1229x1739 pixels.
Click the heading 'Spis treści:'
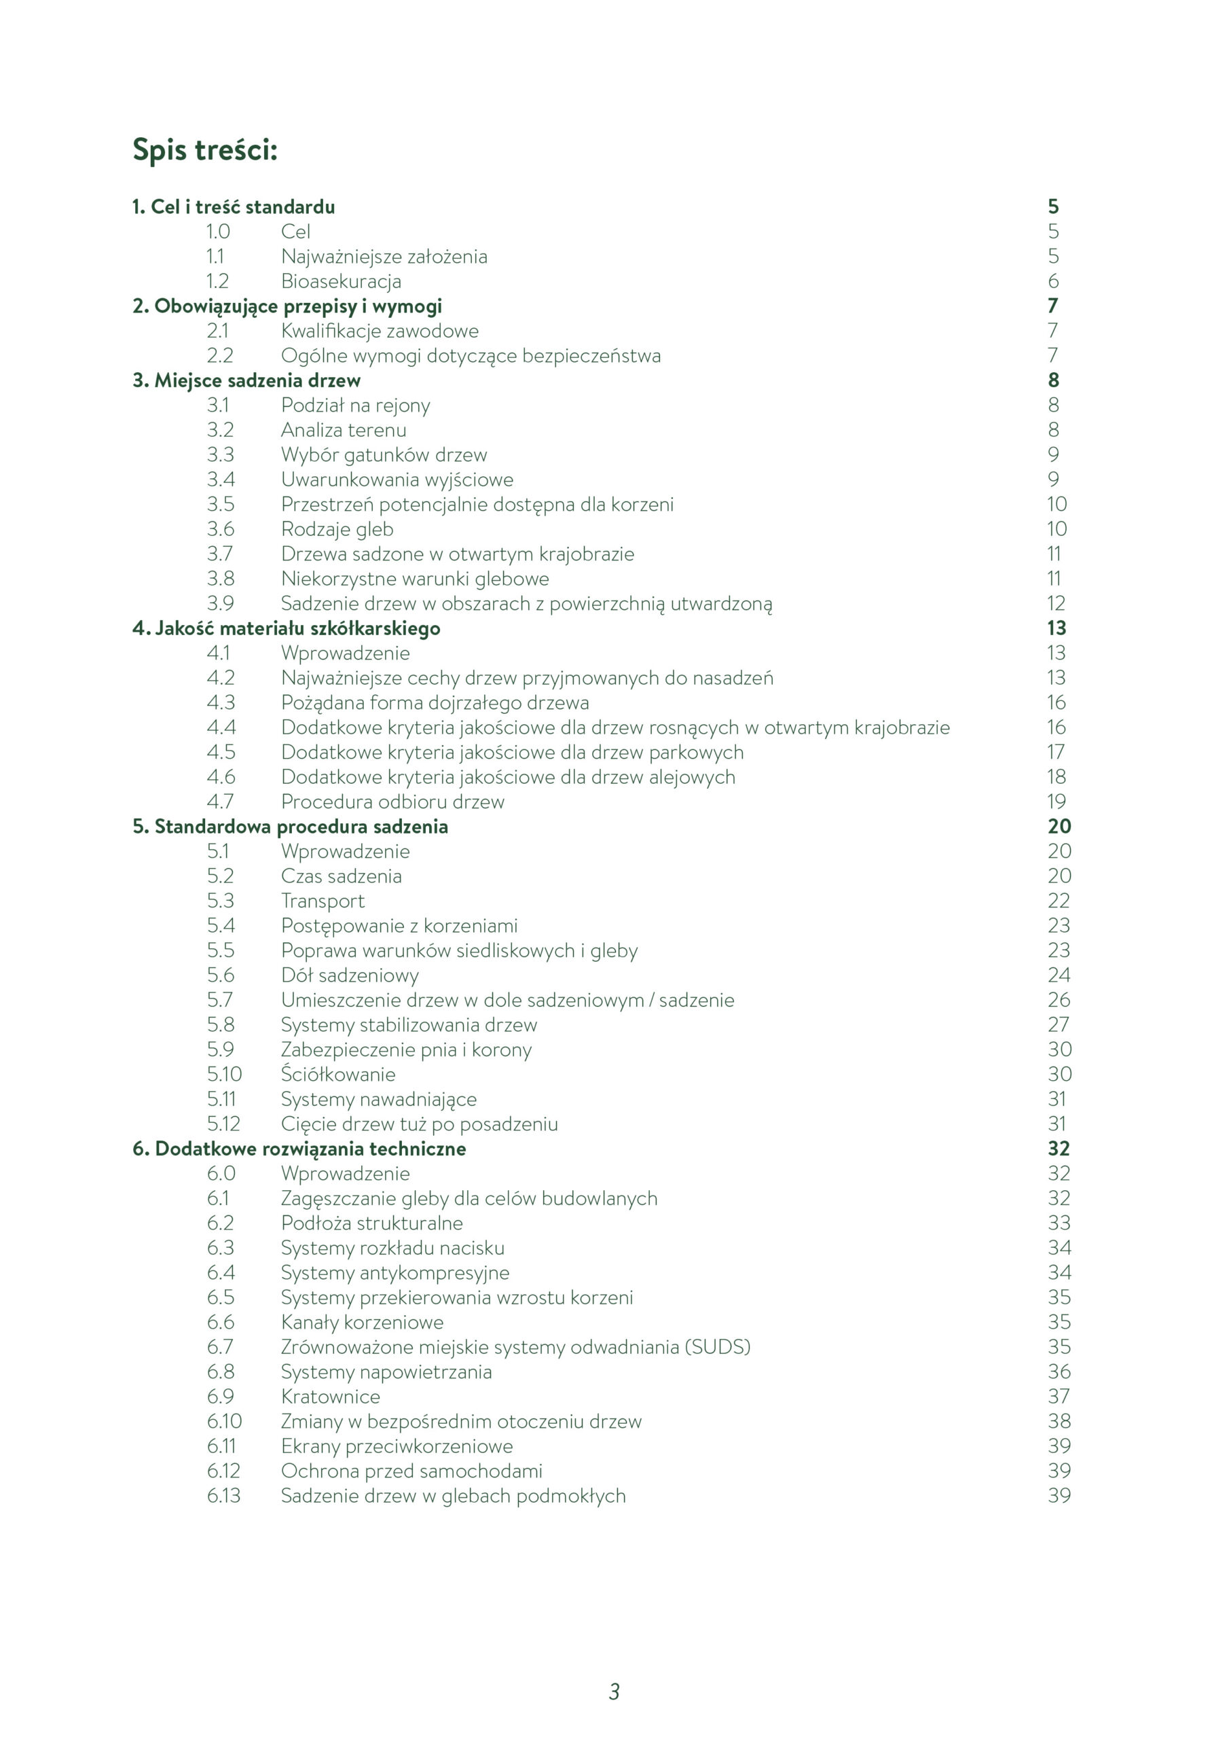pos(204,149)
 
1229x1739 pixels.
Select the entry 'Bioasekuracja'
pos(341,281)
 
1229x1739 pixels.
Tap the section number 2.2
pos(219,355)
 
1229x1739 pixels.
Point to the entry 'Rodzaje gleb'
pos(337,528)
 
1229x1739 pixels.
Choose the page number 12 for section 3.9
pos(1056,603)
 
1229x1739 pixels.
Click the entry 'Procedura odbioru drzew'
pos(392,802)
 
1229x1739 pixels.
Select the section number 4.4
pos(221,727)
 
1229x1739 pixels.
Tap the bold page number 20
pos(1059,826)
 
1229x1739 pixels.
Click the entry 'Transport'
pos(323,901)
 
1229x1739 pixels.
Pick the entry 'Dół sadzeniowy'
pos(349,975)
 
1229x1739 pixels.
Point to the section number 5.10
pos(224,1074)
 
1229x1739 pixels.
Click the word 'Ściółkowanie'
pos(337,1074)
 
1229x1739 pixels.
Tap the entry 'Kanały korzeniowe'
pos(362,1322)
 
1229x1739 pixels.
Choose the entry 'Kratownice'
pos(330,1396)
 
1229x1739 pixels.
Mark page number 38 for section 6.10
pos(1059,1421)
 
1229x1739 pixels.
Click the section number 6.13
pos(223,1495)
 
